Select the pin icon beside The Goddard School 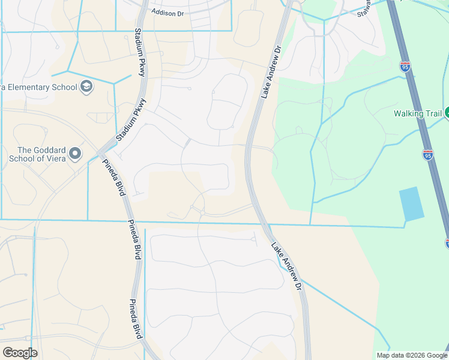(75, 154)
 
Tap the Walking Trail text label (417, 113)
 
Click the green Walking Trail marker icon (447, 113)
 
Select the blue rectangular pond (412, 204)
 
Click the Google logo (20, 353)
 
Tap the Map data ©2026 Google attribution (411, 355)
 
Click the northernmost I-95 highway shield (405, 66)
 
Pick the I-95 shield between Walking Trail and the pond (427, 155)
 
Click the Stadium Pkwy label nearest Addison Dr (140, 52)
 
